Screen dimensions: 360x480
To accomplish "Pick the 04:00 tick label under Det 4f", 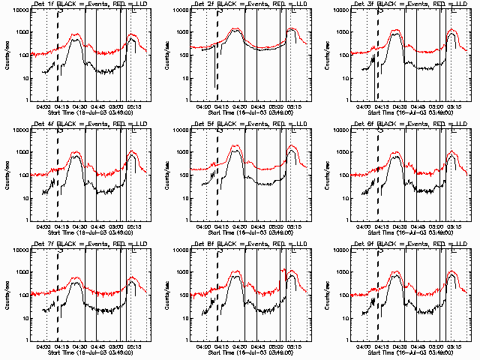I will pos(43,226).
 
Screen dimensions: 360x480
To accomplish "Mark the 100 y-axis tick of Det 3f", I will pos(344,55).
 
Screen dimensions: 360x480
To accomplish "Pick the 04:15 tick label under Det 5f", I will pos(221,226).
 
